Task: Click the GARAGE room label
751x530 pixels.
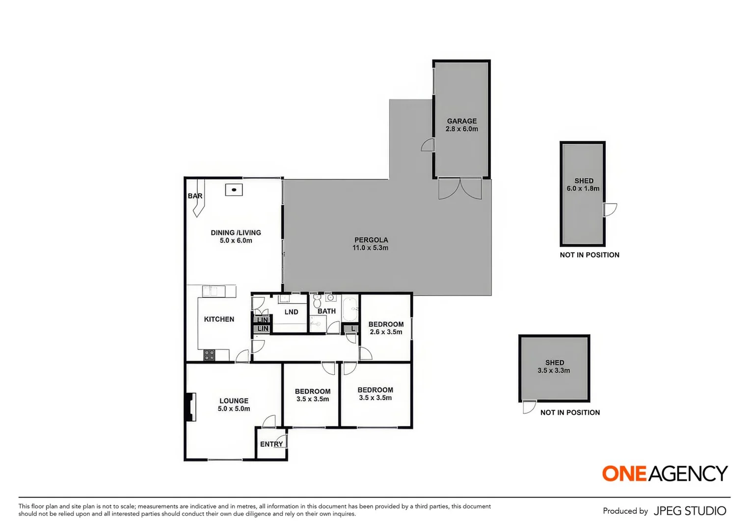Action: [x=461, y=125]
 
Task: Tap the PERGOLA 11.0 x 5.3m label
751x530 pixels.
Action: [x=371, y=244]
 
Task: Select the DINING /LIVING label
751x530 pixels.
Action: [x=236, y=237]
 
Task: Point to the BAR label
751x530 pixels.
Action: [x=195, y=196]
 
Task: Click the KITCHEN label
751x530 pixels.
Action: [x=219, y=319]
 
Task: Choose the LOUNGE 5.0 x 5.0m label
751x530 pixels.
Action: [x=234, y=404]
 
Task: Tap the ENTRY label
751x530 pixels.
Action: [x=271, y=444]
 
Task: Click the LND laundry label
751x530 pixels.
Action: [x=291, y=312]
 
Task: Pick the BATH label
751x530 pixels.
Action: [x=326, y=311]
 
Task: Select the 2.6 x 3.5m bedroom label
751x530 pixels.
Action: [x=386, y=328]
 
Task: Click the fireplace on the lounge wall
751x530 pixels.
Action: [x=191, y=406]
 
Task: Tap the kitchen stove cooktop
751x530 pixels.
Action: [x=209, y=355]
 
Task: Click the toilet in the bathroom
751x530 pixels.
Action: [x=317, y=301]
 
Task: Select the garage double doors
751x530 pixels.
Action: [x=460, y=189]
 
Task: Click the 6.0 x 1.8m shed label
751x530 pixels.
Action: [x=583, y=185]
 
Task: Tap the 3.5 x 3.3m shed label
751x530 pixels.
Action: [x=554, y=367]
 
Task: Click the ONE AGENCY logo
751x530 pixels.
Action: [x=665, y=473]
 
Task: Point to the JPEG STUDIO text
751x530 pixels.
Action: [x=690, y=511]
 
